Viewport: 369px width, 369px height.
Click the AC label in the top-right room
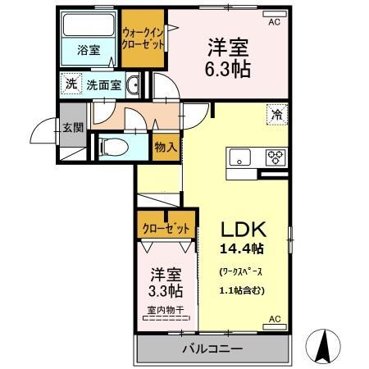274,22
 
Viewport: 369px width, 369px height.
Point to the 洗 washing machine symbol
71,83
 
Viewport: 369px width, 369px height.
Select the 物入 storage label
165,147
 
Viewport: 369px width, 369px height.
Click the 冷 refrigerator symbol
276,115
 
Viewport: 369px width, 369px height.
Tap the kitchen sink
240,157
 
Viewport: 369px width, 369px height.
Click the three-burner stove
273,157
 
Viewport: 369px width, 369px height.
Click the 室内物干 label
166,311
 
